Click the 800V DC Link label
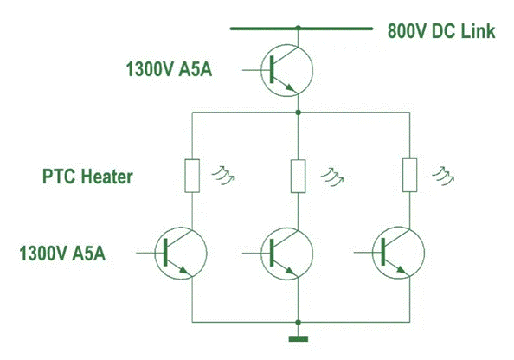tap(441, 31)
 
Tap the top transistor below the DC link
tap(286, 70)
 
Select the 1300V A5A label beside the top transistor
tap(169, 69)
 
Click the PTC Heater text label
tap(87, 177)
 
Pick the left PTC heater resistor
tap(192, 176)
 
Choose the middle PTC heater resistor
tap(298, 176)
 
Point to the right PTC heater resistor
tap(410, 175)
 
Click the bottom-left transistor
tap(181, 253)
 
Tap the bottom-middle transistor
tap(286, 254)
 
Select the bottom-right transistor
tap(398, 253)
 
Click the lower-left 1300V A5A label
tap(62, 254)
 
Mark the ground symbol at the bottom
tap(299, 339)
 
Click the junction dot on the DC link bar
tap(298, 27)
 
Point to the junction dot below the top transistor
tap(298, 112)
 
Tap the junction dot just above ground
tap(298, 322)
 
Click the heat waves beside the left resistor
tap(223, 176)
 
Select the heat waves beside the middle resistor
tap(332, 177)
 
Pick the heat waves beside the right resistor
tap(443, 176)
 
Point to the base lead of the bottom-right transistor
tap(368, 253)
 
